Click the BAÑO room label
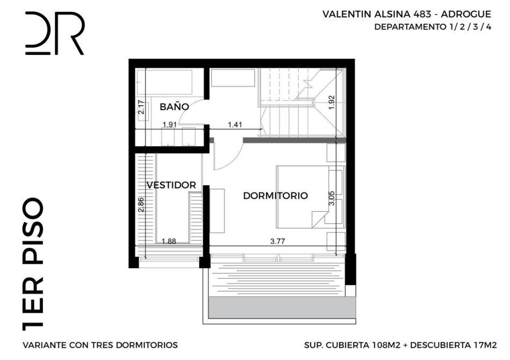(x=174, y=107)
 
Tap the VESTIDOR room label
(x=171, y=185)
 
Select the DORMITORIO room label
(x=276, y=196)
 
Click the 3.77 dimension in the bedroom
(x=277, y=241)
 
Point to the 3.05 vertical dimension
(x=332, y=198)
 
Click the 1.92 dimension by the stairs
(x=332, y=102)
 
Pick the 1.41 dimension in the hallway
(x=235, y=124)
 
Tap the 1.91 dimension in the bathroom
(x=169, y=124)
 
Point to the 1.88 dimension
(x=169, y=241)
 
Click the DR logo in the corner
(x=55, y=33)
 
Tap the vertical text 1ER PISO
(x=33, y=264)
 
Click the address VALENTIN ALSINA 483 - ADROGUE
(x=407, y=15)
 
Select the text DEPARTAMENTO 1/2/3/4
(x=433, y=27)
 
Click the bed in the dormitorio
(x=310, y=197)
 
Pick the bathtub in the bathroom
(x=164, y=82)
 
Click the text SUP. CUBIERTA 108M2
(x=352, y=345)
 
